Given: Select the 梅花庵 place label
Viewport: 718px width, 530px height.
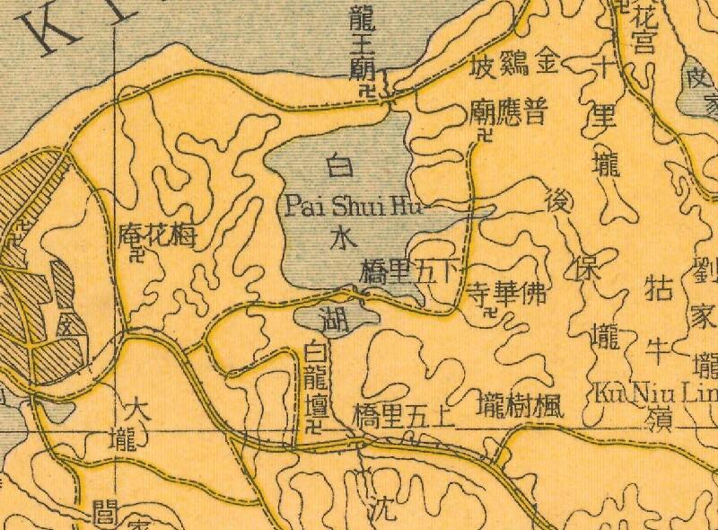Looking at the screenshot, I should point(156,236).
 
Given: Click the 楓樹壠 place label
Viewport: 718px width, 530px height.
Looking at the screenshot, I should point(521,402).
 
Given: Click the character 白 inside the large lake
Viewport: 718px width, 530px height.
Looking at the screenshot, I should point(339,167).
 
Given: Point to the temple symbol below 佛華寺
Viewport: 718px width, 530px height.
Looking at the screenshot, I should point(489,314).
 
